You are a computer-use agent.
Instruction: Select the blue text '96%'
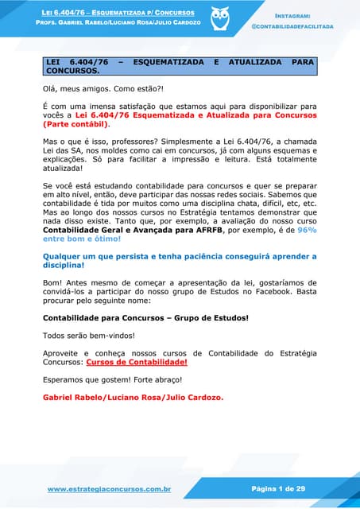tap(307, 228)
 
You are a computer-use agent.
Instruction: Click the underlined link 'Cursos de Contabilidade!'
tap(148, 362)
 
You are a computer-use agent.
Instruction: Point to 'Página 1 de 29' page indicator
tap(278, 489)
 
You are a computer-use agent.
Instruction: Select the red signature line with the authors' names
tap(133, 397)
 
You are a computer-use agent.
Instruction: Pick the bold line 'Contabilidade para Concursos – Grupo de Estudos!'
tap(145, 317)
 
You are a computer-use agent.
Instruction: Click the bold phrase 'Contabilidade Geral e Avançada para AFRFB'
tap(133, 228)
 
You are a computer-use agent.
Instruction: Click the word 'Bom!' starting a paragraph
tap(52, 282)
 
